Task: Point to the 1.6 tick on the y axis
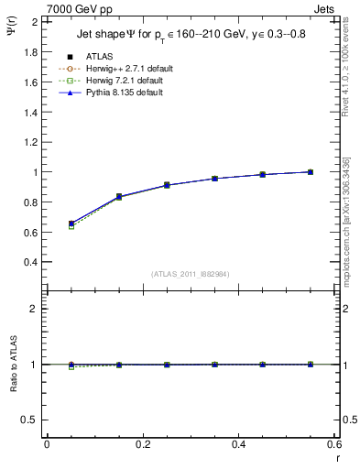[32, 82]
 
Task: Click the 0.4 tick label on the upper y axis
[32, 262]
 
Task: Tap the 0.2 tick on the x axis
[142, 444]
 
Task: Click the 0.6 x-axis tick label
[333, 444]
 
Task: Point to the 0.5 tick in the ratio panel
[32, 420]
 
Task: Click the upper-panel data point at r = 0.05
[71, 224]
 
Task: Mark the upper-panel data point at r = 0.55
[311, 171]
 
